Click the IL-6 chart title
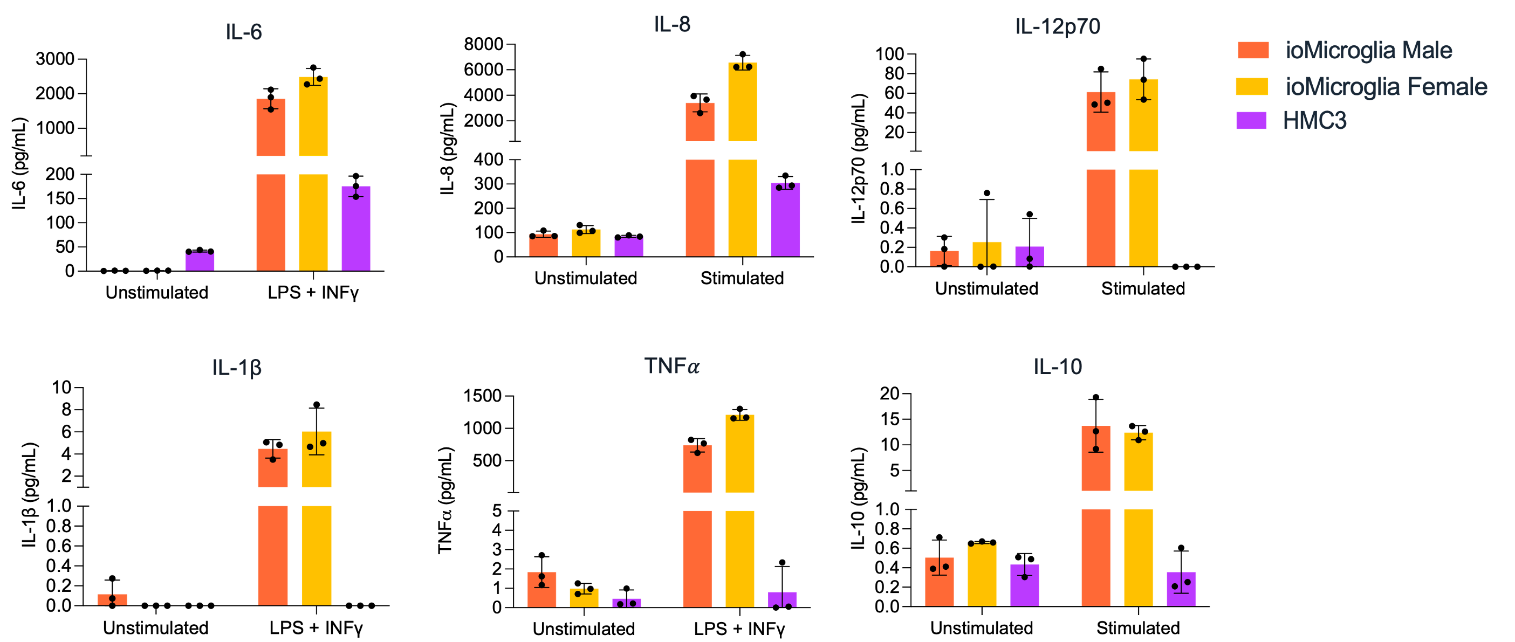(x=243, y=32)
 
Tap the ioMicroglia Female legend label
(x=1386, y=86)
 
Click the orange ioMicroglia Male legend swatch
(x=1253, y=50)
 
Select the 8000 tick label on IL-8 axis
(x=483, y=44)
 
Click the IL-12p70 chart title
(x=1057, y=26)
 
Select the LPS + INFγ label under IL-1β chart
(x=316, y=628)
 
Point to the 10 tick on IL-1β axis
(x=61, y=388)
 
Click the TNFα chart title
(x=671, y=365)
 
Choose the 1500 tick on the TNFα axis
(x=482, y=396)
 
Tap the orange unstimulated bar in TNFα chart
(x=541, y=590)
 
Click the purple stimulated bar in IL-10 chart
(x=1181, y=589)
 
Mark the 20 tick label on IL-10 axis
(x=889, y=394)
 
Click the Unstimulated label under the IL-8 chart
(x=585, y=278)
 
